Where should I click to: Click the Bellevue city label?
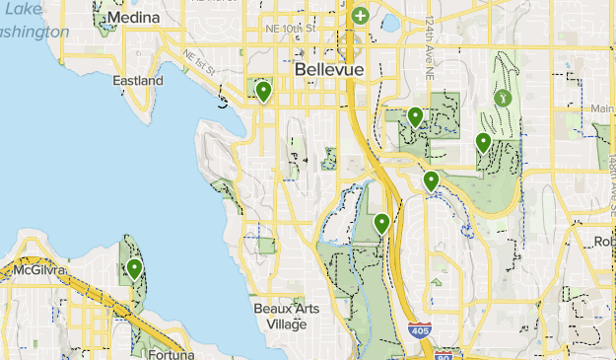(x=329, y=71)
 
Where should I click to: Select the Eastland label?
(x=138, y=80)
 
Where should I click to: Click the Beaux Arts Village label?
(x=280, y=316)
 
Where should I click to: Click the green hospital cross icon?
(x=361, y=16)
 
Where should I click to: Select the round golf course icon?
(x=504, y=98)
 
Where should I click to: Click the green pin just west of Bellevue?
(x=263, y=92)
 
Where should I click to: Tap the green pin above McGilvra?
(x=134, y=268)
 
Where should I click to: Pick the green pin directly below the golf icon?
(x=483, y=143)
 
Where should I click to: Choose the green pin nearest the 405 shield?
(x=382, y=224)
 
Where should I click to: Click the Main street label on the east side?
(x=603, y=108)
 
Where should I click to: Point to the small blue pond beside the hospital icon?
(x=390, y=21)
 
